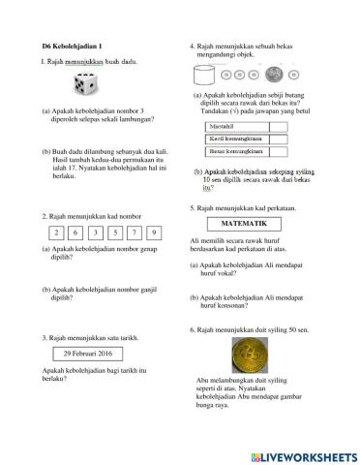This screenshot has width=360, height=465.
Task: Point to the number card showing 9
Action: click(154, 232)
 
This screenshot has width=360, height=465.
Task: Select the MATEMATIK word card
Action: click(237, 223)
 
